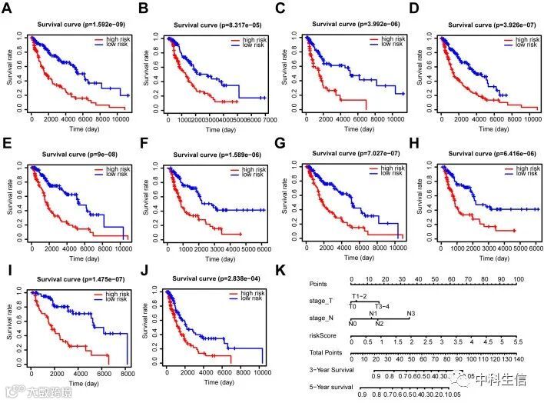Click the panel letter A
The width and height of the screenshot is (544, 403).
[8, 13]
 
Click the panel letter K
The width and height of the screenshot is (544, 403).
[281, 271]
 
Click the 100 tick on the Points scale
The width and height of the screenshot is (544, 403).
[519, 279]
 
